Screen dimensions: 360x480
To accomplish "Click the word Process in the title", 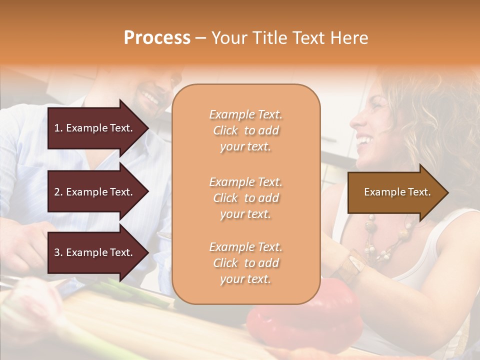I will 157,38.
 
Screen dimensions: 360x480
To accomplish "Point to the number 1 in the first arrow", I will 57,128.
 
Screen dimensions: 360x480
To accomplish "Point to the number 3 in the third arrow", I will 57,252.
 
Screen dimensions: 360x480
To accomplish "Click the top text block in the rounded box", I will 245,130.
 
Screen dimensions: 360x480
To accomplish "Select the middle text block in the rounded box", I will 245,198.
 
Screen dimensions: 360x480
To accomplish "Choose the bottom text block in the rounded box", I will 245,263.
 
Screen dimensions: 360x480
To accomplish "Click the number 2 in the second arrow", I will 57,192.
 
